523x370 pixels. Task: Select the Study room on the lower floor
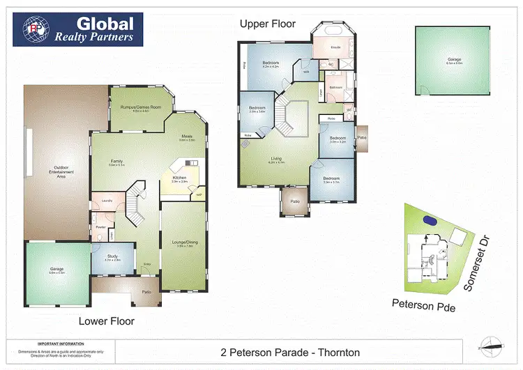coord(112,258)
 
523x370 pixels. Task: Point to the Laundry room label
coord(107,201)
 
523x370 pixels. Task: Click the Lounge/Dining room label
coord(183,244)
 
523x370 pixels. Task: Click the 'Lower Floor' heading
coord(107,321)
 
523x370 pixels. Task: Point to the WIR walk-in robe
coord(305,72)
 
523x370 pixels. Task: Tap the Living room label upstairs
coord(277,160)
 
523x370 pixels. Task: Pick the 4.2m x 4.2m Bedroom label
coord(271,65)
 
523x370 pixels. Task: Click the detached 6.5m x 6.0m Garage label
coord(455,61)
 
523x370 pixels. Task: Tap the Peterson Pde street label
coord(423,305)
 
